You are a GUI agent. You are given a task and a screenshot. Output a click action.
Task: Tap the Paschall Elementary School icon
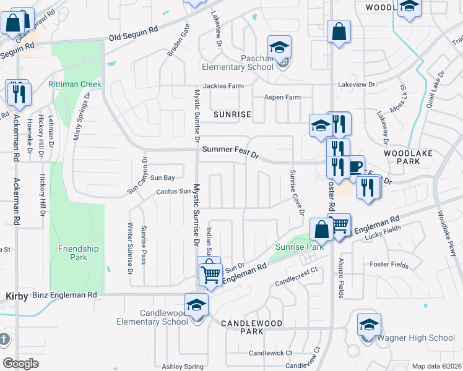279,48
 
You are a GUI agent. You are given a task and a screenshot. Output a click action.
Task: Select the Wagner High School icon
369,325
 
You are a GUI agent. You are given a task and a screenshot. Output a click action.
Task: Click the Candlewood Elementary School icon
197,305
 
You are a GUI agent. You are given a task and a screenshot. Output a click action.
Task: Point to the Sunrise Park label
300,247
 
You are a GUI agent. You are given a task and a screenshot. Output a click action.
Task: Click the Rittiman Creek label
74,84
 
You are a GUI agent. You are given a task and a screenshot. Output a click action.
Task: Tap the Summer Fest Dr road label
230,150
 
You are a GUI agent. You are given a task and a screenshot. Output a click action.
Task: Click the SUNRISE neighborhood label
232,114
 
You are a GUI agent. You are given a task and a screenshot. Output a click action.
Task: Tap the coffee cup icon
354,166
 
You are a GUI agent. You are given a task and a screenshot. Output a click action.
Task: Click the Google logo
20,363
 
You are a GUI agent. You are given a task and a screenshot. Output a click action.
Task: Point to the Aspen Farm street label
282,98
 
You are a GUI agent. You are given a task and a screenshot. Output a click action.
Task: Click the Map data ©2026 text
436,366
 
